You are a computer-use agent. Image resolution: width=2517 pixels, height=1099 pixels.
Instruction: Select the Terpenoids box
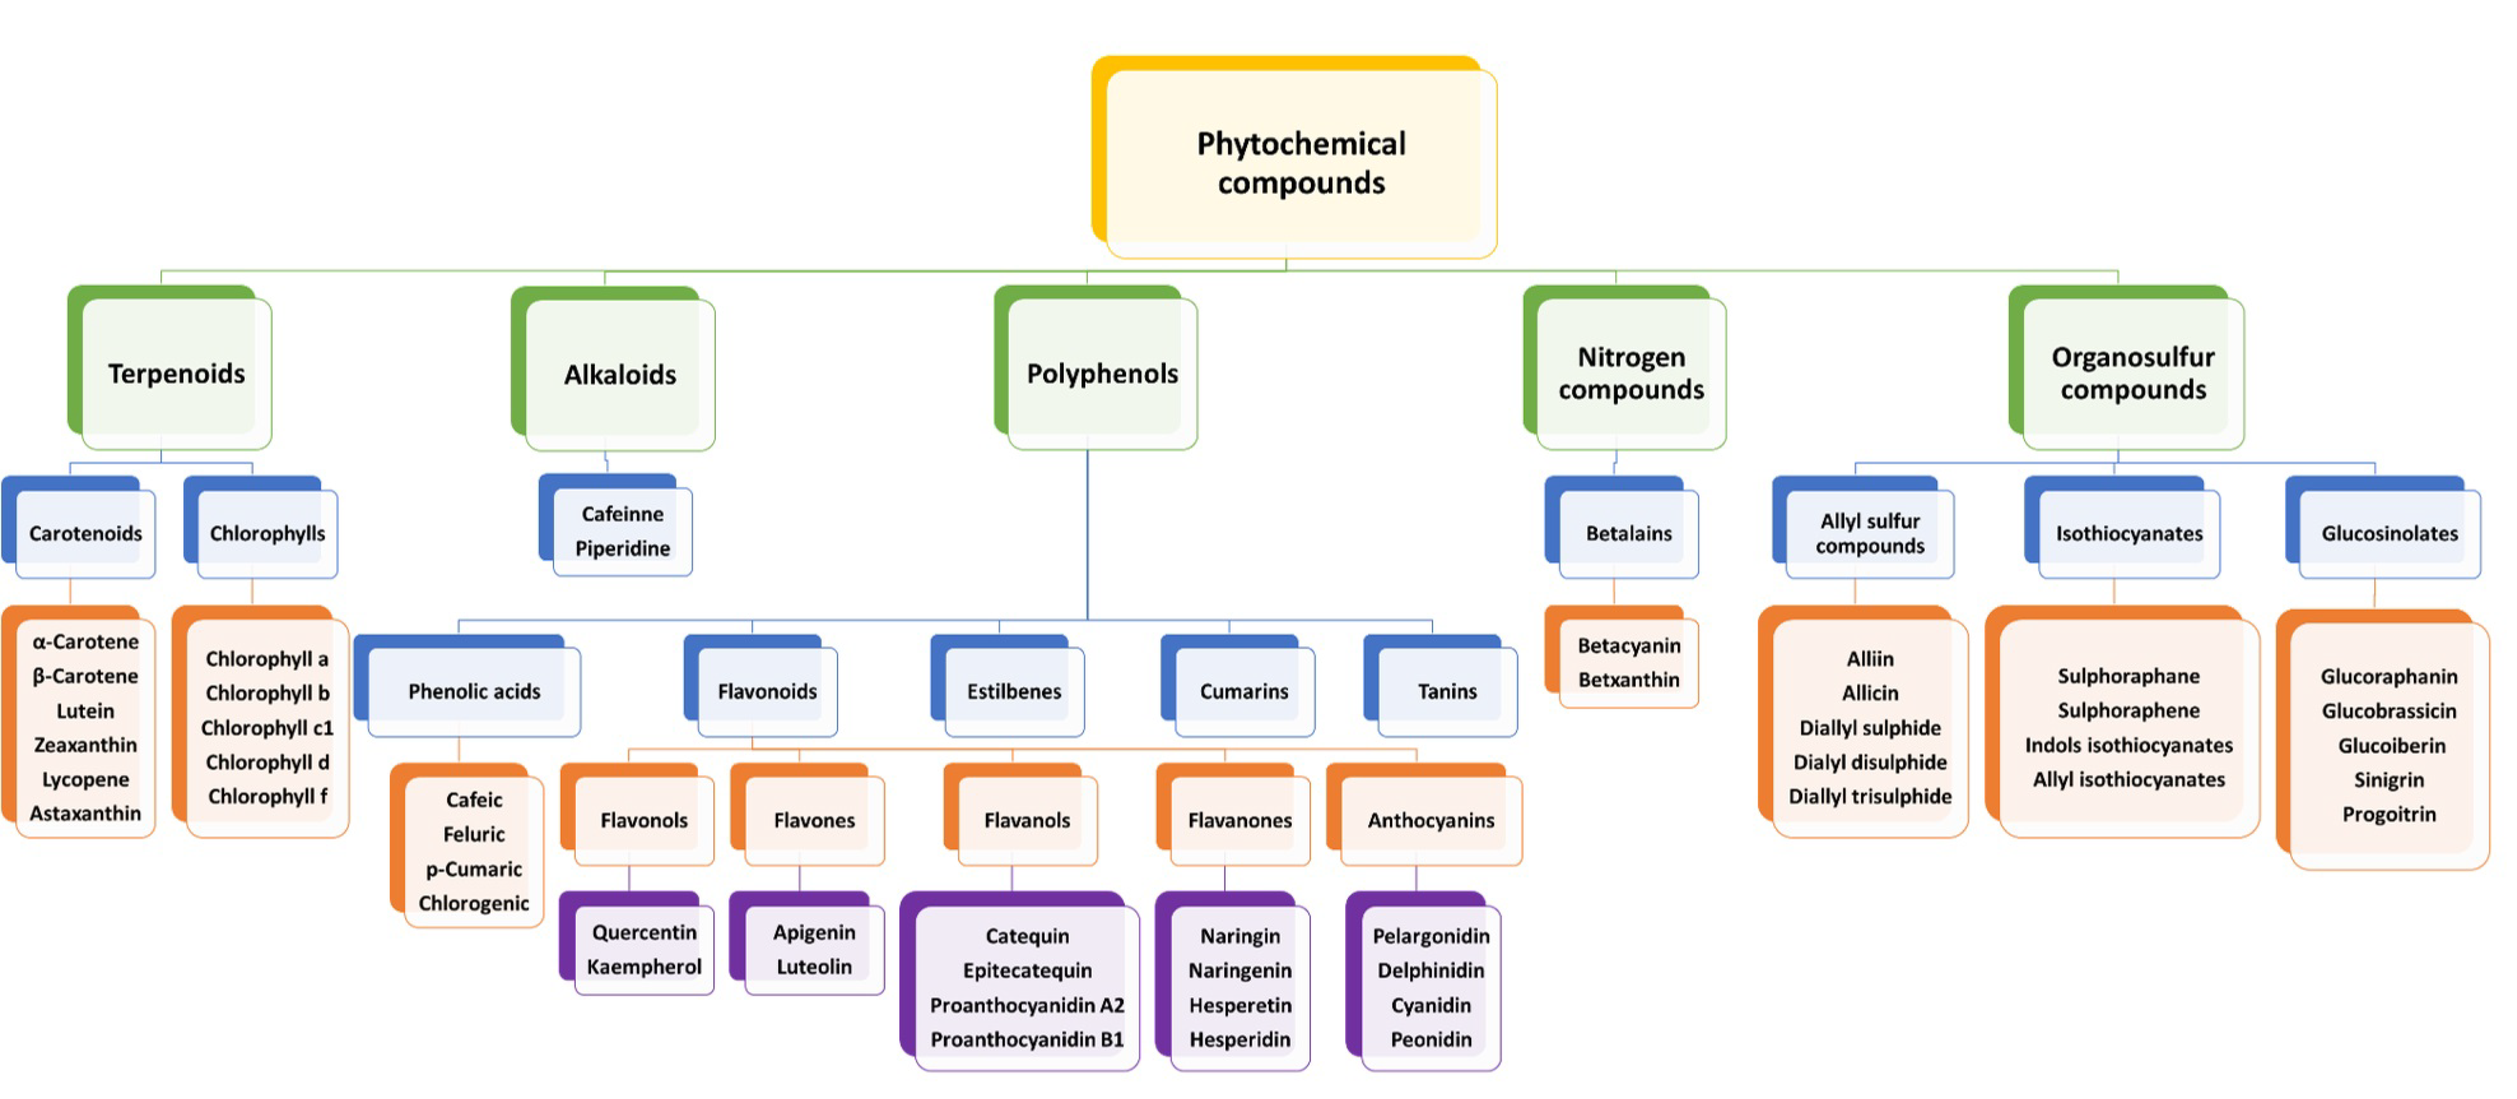(176, 373)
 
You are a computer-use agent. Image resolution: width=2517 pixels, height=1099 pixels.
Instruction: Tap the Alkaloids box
(619, 374)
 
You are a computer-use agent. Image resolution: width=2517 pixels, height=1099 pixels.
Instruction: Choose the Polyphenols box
(1101, 373)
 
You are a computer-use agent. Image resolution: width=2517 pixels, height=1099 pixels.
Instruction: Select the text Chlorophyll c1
(267, 728)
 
